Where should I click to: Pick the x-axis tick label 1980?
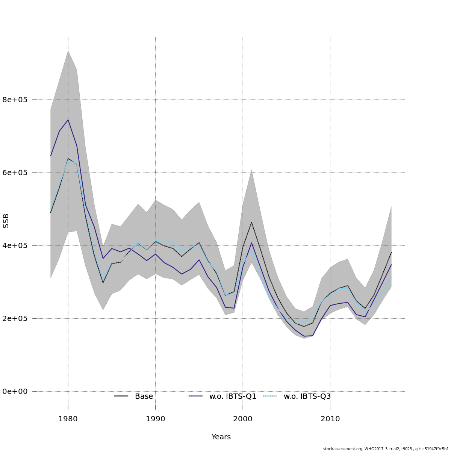pyautogui.click(x=68, y=419)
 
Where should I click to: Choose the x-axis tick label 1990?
pyautogui.click(x=155, y=419)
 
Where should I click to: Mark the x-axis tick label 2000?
pyautogui.click(x=243, y=419)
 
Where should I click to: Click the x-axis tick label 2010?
pyautogui.click(x=330, y=419)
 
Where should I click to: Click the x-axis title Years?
pyautogui.click(x=221, y=437)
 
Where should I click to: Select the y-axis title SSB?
pyautogui.click(x=6, y=221)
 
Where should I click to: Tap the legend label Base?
pyautogui.click(x=144, y=397)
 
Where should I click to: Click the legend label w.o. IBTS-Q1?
pyautogui.click(x=233, y=397)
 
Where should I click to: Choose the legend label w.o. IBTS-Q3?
pyautogui.click(x=307, y=397)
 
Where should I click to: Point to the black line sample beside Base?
pyautogui.click(x=121, y=396)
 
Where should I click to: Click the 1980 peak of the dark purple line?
pyautogui.click(x=68, y=120)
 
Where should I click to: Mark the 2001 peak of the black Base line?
pyautogui.click(x=251, y=222)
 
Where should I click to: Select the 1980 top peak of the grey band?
pyautogui.click(x=68, y=50)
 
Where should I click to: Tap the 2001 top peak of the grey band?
pyautogui.click(x=251, y=170)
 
